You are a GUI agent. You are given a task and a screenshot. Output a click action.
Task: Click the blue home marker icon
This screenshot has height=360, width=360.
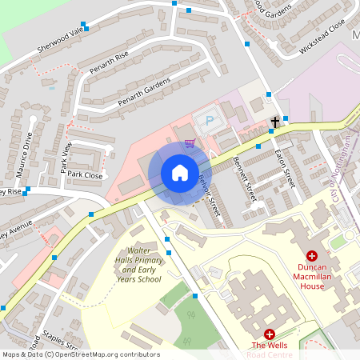tap(179, 173)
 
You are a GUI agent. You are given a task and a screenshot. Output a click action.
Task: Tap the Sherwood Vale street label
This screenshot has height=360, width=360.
tap(60, 41)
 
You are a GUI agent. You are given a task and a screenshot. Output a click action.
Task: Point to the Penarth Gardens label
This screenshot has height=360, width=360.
tap(144, 92)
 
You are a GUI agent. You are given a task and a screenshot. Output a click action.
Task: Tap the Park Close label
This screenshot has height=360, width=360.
tap(85, 174)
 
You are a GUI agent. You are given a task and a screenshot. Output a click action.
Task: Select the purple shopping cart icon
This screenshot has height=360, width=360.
tap(190, 144)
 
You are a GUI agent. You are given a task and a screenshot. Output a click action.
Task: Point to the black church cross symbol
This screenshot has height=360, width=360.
tap(275, 122)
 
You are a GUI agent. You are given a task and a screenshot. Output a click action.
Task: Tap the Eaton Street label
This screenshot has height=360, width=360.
tap(285, 168)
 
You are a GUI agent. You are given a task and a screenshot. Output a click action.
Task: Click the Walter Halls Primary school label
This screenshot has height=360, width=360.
tap(138, 265)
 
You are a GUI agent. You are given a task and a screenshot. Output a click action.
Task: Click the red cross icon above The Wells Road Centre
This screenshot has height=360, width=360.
tap(269, 334)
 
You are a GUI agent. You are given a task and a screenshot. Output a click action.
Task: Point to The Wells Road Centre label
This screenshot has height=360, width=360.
tap(269, 350)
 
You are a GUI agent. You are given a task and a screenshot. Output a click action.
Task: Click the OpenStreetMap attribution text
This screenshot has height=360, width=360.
tap(80, 354)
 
